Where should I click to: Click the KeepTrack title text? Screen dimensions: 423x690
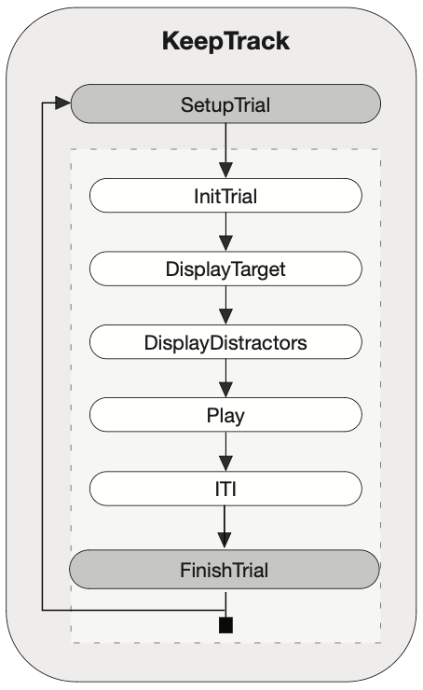pyautogui.click(x=225, y=42)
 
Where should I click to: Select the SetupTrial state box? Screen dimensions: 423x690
pyautogui.click(x=225, y=103)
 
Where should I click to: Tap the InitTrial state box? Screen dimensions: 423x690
pyautogui.click(x=225, y=196)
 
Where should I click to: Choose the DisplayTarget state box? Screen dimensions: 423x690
pyautogui.click(x=225, y=269)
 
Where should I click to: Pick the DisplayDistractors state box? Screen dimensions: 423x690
pyautogui.click(x=225, y=342)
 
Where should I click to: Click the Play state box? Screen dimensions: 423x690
pyautogui.click(x=225, y=415)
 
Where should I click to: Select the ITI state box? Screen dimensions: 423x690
pyautogui.click(x=225, y=489)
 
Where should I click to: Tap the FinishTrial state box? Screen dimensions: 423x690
pyautogui.click(x=225, y=569)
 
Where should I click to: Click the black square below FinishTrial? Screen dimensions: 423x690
pyautogui.click(x=225, y=626)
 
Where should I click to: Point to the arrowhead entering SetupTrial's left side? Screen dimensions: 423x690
pyautogui.click(x=62, y=103)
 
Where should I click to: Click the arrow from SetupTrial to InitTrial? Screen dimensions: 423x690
pyautogui.click(x=225, y=150)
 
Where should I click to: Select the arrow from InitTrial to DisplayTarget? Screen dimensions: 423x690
pyautogui.click(x=225, y=232)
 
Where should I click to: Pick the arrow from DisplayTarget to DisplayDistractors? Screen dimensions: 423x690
pyautogui.click(x=225, y=306)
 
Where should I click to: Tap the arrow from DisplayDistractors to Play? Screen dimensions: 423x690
pyautogui.click(x=225, y=379)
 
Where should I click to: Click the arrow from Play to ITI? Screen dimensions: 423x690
pyautogui.click(x=225, y=451)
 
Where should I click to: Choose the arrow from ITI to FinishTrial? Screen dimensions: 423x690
pyautogui.click(x=225, y=527)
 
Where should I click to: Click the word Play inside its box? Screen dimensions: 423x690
pyautogui.click(x=225, y=416)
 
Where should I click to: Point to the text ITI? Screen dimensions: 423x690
pyautogui.click(x=225, y=489)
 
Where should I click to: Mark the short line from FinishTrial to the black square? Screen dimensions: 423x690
pyautogui.click(x=225, y=604)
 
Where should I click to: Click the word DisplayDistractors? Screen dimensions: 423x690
pyautogui.click(x=225, y=343)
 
